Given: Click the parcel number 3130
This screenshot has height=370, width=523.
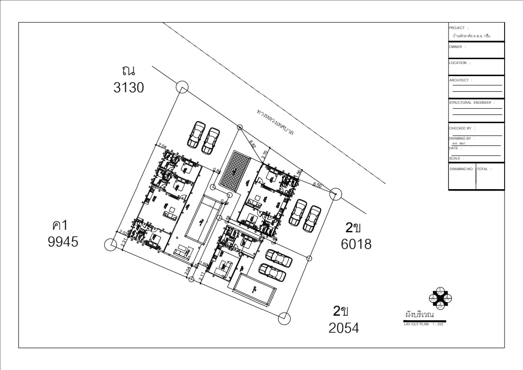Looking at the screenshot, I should pyautogui.click(x=129, y=88).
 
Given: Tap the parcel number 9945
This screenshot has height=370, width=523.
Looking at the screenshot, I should pyautogui.click(x=63, y=241).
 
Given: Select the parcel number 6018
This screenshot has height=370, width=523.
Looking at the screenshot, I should pyautogui.click(x=356, y=244).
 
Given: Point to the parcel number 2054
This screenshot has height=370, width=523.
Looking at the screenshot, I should pyautogui.click(x=344, y=328).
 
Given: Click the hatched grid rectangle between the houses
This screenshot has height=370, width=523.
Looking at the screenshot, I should pyautogui.click(x=235, y=171).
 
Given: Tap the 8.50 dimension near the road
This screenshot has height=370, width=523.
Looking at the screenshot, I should pyautogui.click(x=318, y=185).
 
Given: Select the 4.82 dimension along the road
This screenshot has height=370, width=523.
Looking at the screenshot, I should pyautogui.click(x=252, y=144).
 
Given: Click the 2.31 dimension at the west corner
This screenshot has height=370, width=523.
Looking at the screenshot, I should pyautogui.click(x=124, y=242).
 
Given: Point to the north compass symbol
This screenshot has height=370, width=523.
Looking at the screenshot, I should pyautogui.click(x=440, y=298).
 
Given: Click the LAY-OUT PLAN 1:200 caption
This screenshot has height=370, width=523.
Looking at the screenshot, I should pyautogui.click(x=423, y=324).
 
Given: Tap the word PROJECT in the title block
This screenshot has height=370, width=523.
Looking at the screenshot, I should pyautogui.click(x=457, y=28).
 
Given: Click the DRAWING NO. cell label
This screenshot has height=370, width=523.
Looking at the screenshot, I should pyautogui.click(x=461, y=169).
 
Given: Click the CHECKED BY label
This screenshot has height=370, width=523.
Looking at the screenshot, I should pyautogui.click(x=460, y=129).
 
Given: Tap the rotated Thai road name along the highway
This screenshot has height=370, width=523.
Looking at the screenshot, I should pyautogui.click(x=275, y=122).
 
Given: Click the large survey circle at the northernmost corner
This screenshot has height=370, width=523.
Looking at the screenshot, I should pyautogui.click(x=182, y=87).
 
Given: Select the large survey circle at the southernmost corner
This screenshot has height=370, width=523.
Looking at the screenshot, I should pyautogui.click(x=284, y=319).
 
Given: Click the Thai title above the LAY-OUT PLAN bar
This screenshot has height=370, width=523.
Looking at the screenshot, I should pyautogui.click(x=420, y=315).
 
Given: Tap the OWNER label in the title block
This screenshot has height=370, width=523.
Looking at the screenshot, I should pyautogui.click(x=456, y=47).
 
